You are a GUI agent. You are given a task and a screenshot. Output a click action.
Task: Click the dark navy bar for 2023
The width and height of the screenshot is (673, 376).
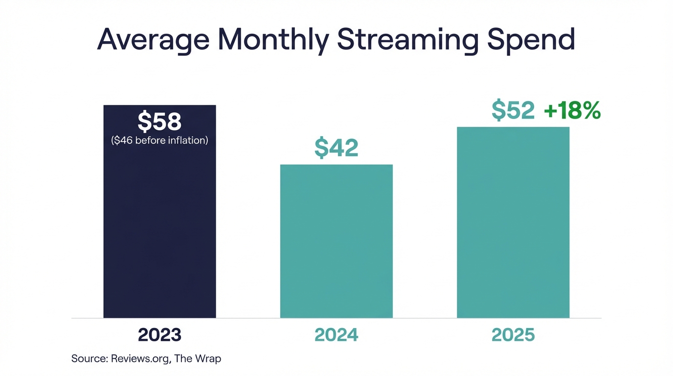tap(159, 230)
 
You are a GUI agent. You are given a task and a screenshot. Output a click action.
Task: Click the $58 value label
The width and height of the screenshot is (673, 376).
tap(159, 122)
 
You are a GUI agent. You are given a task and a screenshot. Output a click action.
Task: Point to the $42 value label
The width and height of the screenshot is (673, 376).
tap(336, 148)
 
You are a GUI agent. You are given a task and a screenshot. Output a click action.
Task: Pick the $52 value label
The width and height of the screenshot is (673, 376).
tap(513, 111)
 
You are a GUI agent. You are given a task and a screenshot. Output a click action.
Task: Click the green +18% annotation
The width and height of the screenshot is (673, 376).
tap(572, 111)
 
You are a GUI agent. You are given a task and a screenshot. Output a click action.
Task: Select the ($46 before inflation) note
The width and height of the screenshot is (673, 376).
tap(159, 141)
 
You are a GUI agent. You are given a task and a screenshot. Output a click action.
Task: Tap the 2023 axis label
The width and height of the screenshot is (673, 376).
tap(159, 335)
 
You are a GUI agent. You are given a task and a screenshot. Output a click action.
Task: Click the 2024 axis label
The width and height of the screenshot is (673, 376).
tap(336, 335)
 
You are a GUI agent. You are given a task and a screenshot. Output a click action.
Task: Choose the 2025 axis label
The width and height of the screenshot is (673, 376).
tap(513, 335)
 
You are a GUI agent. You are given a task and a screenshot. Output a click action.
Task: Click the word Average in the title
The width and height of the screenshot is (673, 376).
tap(153, 40)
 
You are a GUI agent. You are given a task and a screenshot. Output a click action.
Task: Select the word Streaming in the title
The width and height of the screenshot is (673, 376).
tap(407, 40)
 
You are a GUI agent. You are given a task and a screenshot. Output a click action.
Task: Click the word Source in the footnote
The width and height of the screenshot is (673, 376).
tap(89, 358)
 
